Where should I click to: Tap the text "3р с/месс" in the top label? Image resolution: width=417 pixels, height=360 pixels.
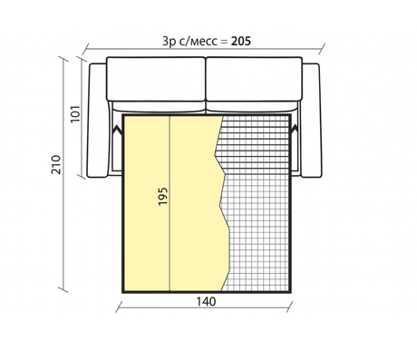click(x=186, y=41)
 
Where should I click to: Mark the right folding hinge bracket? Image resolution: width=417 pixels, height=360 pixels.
click(x=296, y=133)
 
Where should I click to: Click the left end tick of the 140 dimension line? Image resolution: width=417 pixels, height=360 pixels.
click(x=119, y=306)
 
